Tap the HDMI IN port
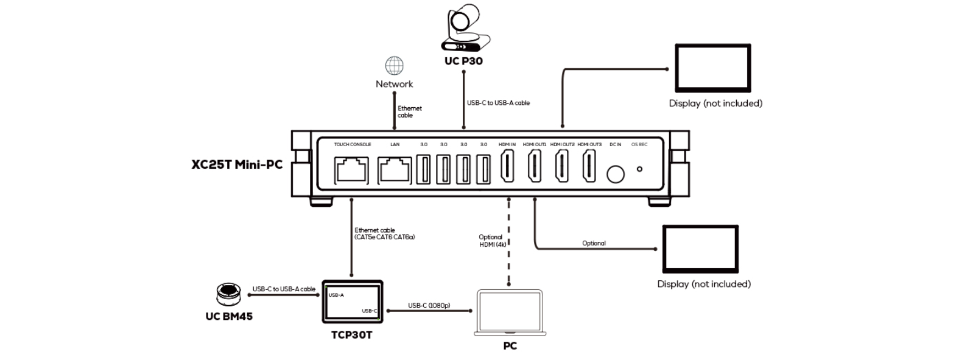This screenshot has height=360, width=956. point(507,166)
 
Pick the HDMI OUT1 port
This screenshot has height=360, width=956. point(535,166)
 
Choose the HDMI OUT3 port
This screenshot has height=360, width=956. point(589,166)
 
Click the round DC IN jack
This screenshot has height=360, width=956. point(616,174)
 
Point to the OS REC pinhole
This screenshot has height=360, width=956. point(639,169)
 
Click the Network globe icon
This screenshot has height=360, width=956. point(394,66)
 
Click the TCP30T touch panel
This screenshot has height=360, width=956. point(352,302)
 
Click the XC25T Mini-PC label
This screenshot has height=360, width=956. point(237,164)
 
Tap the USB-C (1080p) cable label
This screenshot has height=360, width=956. point(429,305)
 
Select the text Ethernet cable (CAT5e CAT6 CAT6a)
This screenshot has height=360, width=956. point(384,233)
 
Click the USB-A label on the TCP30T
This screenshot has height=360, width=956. point(336,295)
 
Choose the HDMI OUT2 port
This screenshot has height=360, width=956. point(561,166)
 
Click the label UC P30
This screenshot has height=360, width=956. point(463,61)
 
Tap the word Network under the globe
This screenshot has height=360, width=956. point(394,84)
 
